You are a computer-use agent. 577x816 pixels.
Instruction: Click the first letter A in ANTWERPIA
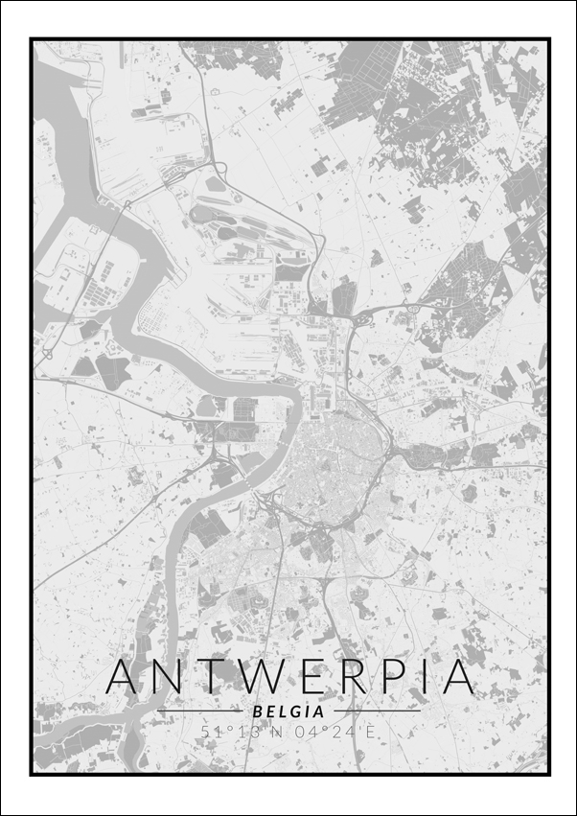(129, 677)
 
